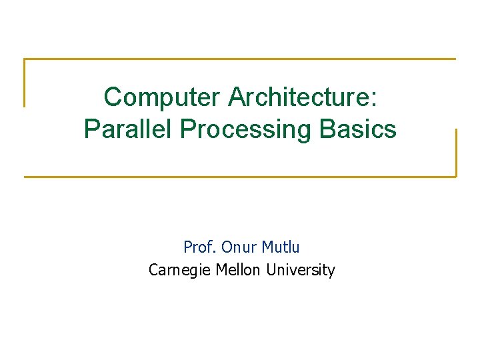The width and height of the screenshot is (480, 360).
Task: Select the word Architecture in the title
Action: pyautogui.click(x=299, y=97)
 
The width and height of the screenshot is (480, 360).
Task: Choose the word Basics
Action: pyautogui.click(x=358, y=129)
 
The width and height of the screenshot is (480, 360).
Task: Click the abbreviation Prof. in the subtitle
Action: pyautogui.click(x=199, y=247)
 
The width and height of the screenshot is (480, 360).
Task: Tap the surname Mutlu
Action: pyautogui.click(x=281, y=247)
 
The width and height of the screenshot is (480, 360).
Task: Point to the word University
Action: pyautogui.click(x=300, y=270)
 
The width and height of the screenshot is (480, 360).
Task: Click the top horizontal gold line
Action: pyautogui.click(x=240, y=59)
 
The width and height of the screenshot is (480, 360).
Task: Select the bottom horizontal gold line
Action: pyautogui.click(x=240, y=177)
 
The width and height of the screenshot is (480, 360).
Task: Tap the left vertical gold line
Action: pyautogui.click(x=25, y=83)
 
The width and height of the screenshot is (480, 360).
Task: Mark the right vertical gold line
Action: pyautogui.click(x=456, y=153)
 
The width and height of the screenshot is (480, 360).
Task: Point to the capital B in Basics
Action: pyautogui.click(x=327, y=129)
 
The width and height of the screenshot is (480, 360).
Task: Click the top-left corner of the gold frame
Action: pyautogui.click(x=25, y=59)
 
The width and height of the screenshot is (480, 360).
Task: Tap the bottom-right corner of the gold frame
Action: pyautogui.click(x=456, y=177)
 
